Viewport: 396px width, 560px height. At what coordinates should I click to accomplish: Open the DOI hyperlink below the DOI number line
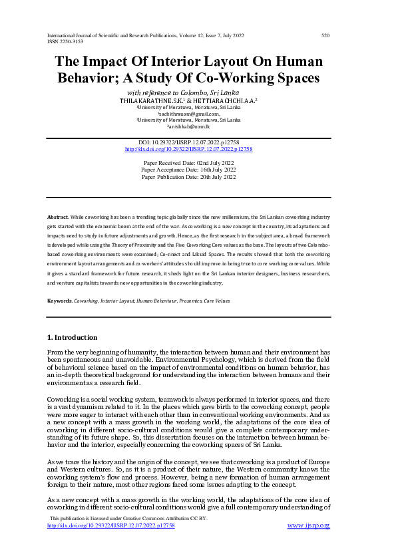(x=189, y=149)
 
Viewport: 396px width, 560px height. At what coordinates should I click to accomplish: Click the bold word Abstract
(x=57, y=217)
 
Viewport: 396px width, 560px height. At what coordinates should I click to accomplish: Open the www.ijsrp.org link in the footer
(x=308, y=525)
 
